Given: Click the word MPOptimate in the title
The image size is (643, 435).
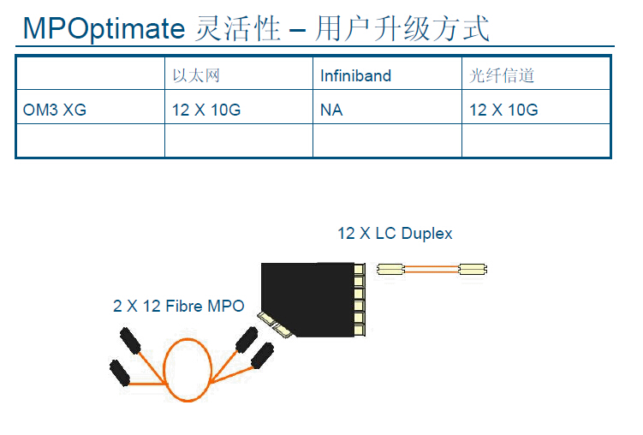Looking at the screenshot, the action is (104, 28).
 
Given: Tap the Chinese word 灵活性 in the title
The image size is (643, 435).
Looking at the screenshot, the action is (238, 28).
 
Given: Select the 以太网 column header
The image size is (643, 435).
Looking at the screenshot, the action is (196, 75).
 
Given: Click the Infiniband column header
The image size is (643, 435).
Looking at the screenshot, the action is (355, 76).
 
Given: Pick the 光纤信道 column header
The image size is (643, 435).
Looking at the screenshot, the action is (502, 75).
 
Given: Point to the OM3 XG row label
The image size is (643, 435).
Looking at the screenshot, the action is (55, 110).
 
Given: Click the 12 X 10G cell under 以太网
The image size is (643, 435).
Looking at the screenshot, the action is (206, 110).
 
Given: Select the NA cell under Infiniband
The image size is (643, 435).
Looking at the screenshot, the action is (331, 110).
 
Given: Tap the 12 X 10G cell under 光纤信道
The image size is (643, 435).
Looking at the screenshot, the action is (503, 110).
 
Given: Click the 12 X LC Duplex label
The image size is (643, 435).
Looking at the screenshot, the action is (395, 233).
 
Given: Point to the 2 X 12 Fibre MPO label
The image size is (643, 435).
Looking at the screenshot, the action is (179, 306).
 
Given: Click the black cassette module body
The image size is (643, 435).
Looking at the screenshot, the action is (307, 300).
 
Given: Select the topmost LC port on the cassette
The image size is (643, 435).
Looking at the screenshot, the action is (360, 269).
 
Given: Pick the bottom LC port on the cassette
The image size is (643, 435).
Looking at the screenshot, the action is (360, 330).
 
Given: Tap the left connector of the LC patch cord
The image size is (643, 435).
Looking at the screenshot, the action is (390, 270).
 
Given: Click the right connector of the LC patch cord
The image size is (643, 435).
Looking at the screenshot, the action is (473, 270).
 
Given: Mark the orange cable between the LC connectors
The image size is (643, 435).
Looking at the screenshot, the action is (432, 270).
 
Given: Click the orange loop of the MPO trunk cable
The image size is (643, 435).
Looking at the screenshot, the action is (188, 369).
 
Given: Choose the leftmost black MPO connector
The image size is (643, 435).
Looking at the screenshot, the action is (120, 372).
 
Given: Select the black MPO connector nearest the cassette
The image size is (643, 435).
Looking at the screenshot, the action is (263, 355).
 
